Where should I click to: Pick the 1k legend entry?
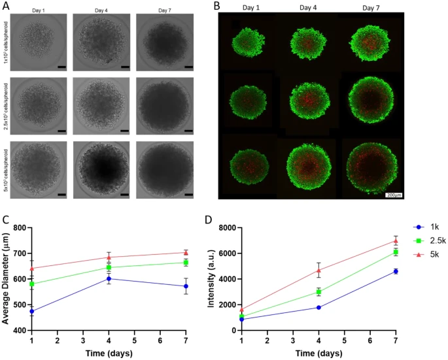pyautogui.click(x=421, y=227)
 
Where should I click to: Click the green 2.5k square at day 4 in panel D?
pyautogui.click(x=319, y=292)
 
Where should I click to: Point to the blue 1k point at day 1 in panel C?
pyautogui.click(x=32, y=311)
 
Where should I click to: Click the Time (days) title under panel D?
pyautogui.click(x=319, y=353)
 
